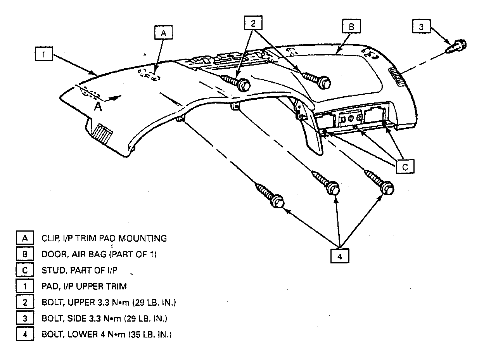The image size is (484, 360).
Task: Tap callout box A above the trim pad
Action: click(164, 33)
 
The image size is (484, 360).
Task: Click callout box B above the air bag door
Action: click(351, 27)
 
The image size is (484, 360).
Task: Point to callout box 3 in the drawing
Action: click(421, 27)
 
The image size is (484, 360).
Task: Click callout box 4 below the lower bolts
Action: click(340, 256)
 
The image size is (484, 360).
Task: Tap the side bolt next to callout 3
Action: click(457, 46)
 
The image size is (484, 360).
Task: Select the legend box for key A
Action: click(24, 238)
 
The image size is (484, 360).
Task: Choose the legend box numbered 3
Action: click(24, 318)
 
